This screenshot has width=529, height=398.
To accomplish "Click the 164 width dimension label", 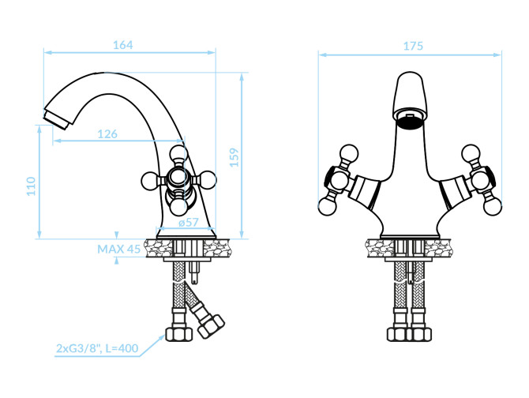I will point(122,45).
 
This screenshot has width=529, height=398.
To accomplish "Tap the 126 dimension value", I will point(107,134).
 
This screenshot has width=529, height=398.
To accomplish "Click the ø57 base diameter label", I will point(187,223).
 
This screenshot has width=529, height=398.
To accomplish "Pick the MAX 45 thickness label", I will point(119,249).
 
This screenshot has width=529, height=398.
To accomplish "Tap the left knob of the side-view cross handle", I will point(148,181).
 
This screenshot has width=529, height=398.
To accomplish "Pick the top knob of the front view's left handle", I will point(347,152).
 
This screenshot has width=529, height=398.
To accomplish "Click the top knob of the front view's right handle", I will point(473,152).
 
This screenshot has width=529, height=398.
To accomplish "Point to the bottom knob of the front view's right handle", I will point(491,207).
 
